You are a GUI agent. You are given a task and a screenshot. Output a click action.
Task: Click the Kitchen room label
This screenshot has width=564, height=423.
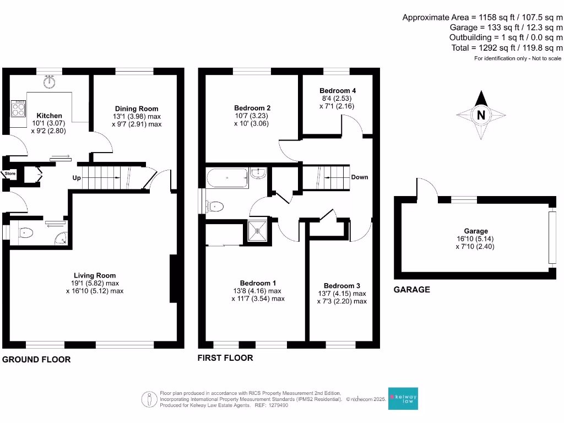point(48,116)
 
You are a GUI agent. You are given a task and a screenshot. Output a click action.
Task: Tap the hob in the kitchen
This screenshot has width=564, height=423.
point(18,107)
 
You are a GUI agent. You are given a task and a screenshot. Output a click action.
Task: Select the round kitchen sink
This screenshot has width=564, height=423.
point(51,82)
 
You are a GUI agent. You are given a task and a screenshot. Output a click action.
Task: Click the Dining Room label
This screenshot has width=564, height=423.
point(137,109)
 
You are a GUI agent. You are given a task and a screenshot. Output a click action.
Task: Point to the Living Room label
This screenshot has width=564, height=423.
point(95,275)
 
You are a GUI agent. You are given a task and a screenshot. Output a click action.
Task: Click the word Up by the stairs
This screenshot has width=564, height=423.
point(78,178)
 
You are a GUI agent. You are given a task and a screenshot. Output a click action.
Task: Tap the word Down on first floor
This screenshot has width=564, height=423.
point(359,177)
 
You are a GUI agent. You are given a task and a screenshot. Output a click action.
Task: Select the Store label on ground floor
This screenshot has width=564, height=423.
point(10,173)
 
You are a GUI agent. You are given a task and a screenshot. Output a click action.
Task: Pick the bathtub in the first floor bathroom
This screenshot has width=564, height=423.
point(227,177)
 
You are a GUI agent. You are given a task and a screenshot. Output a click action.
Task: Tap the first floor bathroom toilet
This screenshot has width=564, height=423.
point(215,207)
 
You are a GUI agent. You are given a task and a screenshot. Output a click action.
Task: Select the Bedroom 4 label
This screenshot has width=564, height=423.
point(338,90)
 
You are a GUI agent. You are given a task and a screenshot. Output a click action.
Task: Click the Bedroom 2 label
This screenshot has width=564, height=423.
point(252,108)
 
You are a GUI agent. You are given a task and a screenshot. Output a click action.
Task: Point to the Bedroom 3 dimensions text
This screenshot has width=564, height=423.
point(341,297)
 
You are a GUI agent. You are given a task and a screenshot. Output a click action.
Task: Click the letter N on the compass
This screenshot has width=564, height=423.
point(481,116)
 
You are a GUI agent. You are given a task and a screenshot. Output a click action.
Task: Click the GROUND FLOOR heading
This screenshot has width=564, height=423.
point(36,360)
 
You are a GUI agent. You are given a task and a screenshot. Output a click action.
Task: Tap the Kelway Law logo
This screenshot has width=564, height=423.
point(403,398)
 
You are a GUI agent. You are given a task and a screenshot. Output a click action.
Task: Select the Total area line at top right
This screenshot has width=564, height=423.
point(507,48)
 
